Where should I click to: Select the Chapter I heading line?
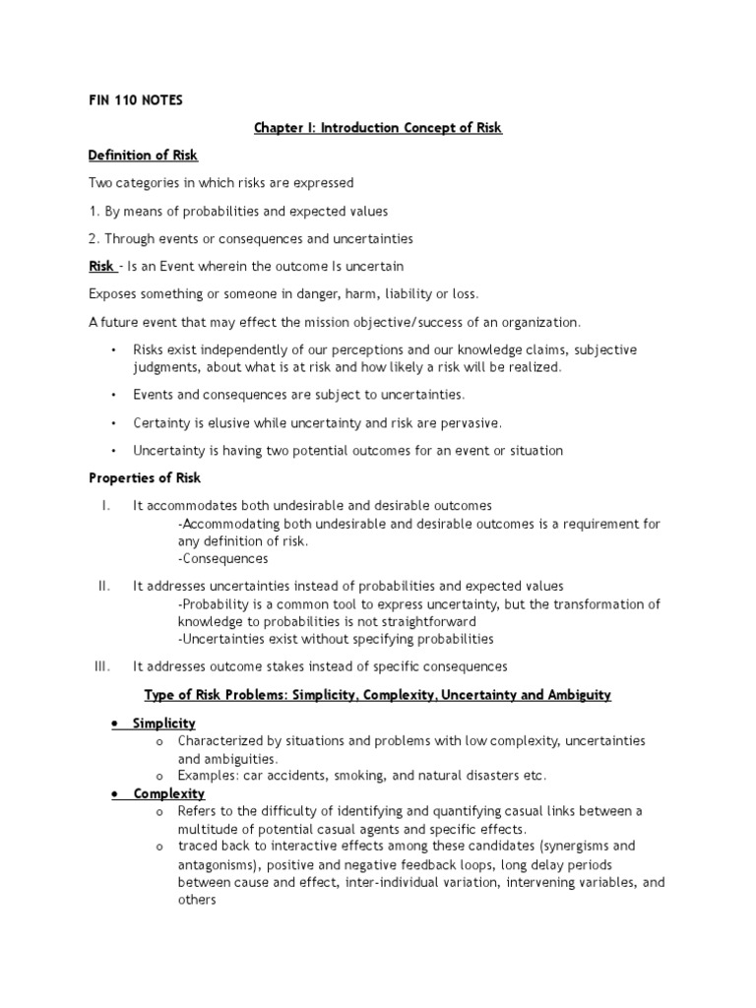click(378, 129)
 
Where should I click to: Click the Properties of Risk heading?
click(145, 478)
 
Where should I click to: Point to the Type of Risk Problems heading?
click(378, 695)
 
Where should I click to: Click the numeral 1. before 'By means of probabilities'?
click(94, 211)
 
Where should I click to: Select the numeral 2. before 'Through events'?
click(94, 238)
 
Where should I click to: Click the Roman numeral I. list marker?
click(104, 505)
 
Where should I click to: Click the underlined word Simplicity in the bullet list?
click(164, 724)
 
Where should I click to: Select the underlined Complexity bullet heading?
click(169, 793)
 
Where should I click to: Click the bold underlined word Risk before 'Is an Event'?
click(101, 267)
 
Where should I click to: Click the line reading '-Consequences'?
click(222, 559)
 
